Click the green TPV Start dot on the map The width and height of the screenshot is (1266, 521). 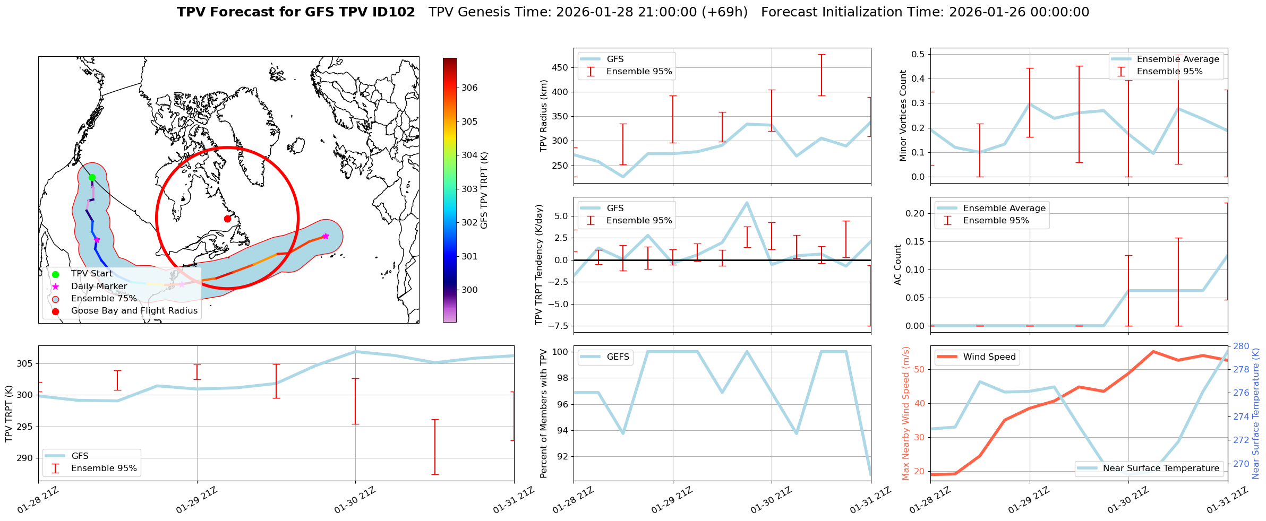(x=92, y=177)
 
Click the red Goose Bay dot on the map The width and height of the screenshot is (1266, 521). (x=227, y=219)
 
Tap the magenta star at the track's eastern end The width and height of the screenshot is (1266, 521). (x=326, y=236)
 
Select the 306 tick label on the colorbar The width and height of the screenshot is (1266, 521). (x=469, y=88)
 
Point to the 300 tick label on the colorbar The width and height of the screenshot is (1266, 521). (x=469, y=290)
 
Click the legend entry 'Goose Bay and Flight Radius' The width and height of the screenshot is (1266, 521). (x=134, y=311)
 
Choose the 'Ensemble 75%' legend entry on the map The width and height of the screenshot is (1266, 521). (x=104, y=299)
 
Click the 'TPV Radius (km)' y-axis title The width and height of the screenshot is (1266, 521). (x=543, y=116)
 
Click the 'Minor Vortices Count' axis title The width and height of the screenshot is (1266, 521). (x=903, y=116)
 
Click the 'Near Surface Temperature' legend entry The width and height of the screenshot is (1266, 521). (x=1161, y=468)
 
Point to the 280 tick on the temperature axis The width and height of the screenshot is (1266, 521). (x=1241, y=346)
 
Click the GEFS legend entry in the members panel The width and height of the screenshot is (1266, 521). (x=618, y=357)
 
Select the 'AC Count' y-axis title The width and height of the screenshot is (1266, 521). (x=898, y=265)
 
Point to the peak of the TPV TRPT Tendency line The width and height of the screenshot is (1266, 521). (x=747, y=202)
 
